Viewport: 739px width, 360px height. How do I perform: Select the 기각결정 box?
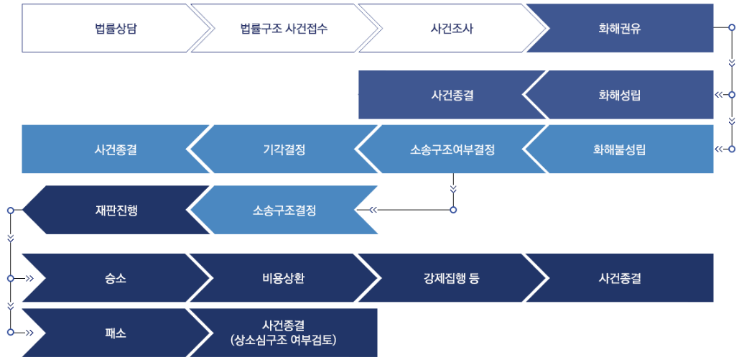(x=284, y=149)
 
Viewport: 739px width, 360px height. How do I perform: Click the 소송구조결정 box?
(x=284, y=211)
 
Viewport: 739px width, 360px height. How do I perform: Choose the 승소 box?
(x=116, y=278)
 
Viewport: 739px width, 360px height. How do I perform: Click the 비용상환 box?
(x=284, y=278)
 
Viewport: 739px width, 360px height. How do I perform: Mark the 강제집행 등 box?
(x=452, y=278)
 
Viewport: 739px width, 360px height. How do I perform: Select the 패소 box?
(x=116, y=333)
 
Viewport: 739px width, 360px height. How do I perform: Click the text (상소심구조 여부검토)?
(x=284, y=339)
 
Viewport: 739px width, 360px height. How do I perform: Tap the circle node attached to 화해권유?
(x=732, y=29)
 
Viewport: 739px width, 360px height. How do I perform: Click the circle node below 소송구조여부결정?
(x=453, y=211)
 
